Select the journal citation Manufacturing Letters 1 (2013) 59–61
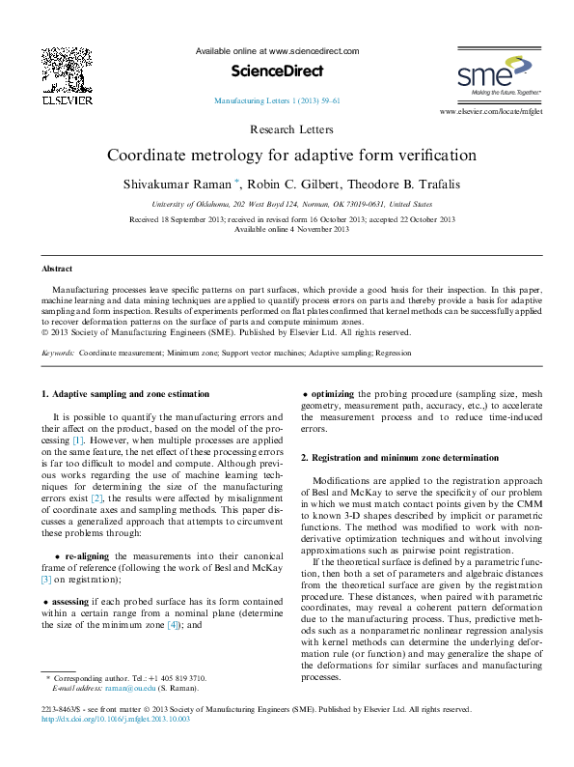276,100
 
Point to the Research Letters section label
291,129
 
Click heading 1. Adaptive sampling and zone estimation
124,394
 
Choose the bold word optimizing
333,394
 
